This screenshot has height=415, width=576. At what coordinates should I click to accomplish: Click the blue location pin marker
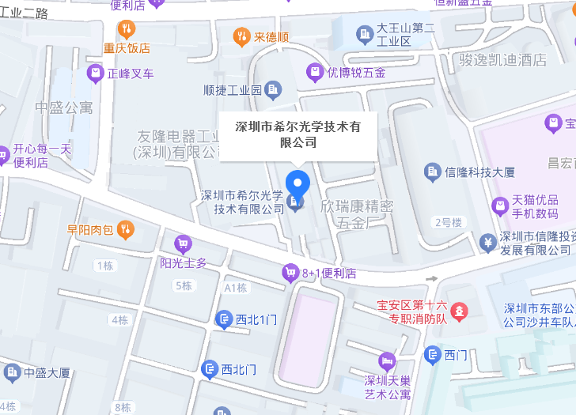point(297,184)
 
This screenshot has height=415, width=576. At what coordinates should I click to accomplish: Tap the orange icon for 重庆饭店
point(126,30)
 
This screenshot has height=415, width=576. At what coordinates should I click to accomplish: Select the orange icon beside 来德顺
point(241,36)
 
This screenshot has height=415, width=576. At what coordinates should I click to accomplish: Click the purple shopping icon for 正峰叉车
point(96,74)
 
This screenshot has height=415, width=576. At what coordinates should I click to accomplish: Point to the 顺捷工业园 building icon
point(274,90)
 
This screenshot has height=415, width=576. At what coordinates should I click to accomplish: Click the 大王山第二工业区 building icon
point(365,34)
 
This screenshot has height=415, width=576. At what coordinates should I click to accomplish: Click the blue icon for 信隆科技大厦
point(432,171)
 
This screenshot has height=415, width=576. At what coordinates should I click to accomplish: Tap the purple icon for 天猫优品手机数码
point(499,206)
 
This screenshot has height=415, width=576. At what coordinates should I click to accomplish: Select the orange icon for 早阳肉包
point(126,230)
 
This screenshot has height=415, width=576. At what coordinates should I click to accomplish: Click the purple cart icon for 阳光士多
point(184,244)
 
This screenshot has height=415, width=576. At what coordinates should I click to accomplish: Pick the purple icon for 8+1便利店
point(290,274)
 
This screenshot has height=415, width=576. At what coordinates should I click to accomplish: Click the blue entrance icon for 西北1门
point(225,319)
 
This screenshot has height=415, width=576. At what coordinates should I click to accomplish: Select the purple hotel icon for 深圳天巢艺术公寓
point(387,361)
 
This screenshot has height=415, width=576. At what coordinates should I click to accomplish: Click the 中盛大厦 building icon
point(12,372)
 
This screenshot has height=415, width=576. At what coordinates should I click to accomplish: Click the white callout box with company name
point(298,134)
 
